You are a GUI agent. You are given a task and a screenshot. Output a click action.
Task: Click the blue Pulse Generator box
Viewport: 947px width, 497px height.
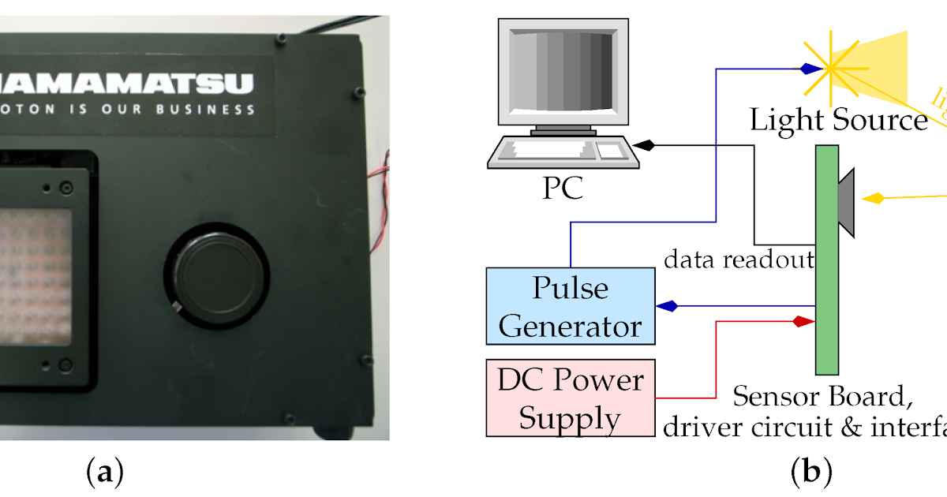click(x=570, y=305)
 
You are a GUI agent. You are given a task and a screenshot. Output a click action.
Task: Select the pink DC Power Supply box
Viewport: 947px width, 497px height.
click(x=570, y=398)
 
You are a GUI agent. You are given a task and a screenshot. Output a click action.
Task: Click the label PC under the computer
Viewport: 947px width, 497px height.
click(x=562, y=188)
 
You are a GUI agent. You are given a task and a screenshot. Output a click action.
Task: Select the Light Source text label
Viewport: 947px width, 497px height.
click(x=838, y=120)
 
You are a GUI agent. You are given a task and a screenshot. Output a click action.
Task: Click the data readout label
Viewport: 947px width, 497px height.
click(x=739, y=260)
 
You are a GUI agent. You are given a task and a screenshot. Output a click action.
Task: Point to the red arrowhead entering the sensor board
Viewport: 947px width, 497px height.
click(x=803, y=321)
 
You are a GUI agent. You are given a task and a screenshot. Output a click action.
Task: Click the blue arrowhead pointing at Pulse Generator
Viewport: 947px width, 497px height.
click(x=667, y=306)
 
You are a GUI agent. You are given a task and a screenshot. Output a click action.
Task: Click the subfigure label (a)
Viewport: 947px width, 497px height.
click(x=104, y=473)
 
